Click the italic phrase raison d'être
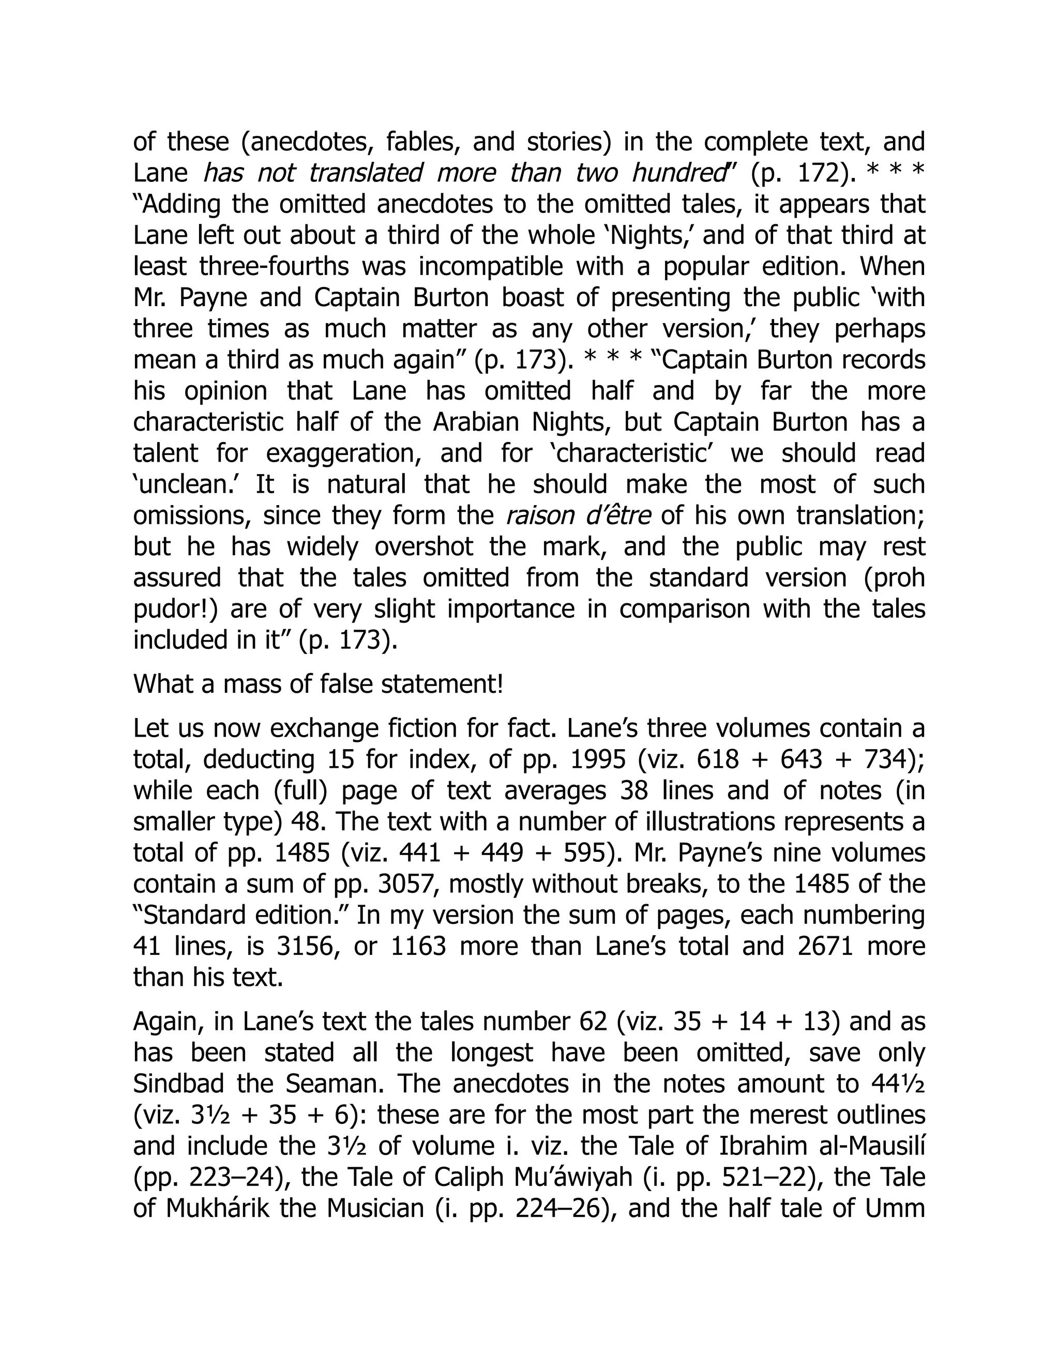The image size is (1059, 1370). point(578,515)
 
